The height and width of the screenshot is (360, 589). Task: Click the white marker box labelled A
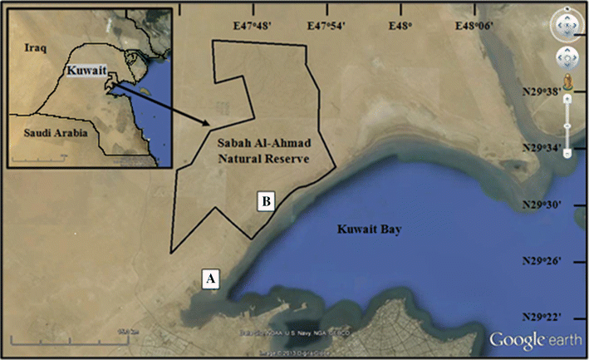211,279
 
